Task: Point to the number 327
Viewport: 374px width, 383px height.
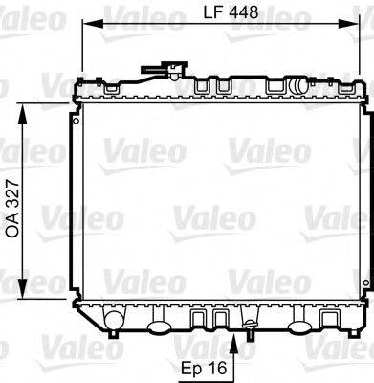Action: tap(12, 198)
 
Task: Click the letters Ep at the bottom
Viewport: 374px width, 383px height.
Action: tap(190, 366)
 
